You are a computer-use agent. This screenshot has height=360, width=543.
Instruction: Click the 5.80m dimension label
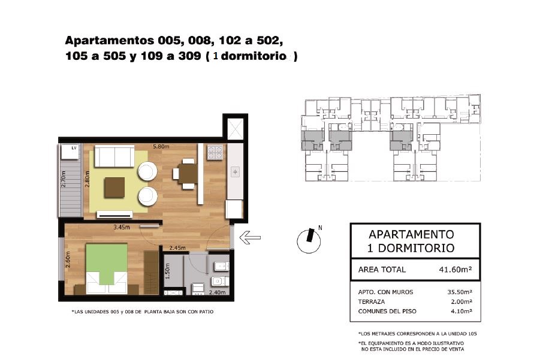coord(161,146)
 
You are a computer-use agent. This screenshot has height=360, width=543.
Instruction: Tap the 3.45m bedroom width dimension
coord(122,228)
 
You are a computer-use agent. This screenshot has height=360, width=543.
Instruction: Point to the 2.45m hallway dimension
coord(177,248)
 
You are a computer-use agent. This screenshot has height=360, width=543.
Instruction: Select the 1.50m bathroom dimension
coord(168,271)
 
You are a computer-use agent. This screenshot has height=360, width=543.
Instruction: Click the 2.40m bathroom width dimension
coord(217,292)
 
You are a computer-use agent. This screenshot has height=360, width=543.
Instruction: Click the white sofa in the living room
coord(114,156)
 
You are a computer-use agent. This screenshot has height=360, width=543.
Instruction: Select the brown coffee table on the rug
coord(114,187)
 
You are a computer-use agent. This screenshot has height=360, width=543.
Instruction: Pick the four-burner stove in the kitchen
coord(215,152)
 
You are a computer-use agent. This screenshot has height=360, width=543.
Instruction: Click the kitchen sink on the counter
coord(235,172)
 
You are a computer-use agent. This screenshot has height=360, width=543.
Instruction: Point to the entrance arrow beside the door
coord(250,237)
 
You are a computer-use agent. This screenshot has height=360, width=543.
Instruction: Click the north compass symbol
coord(309,240)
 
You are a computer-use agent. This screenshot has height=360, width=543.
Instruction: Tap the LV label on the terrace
coord(74,148)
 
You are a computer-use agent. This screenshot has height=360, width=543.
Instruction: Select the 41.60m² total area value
coord(455,270)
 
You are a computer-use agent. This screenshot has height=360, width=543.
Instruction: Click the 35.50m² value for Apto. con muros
coord(460,292)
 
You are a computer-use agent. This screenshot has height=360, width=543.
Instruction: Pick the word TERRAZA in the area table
coord(371,301)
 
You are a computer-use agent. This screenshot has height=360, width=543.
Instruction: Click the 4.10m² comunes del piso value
coord(461,311)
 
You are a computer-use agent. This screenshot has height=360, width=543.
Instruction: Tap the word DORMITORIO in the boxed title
coord(416,248)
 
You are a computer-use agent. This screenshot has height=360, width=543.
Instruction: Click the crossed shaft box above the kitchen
coord(235,129)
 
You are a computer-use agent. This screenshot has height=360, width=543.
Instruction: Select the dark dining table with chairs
coord(186,174)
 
